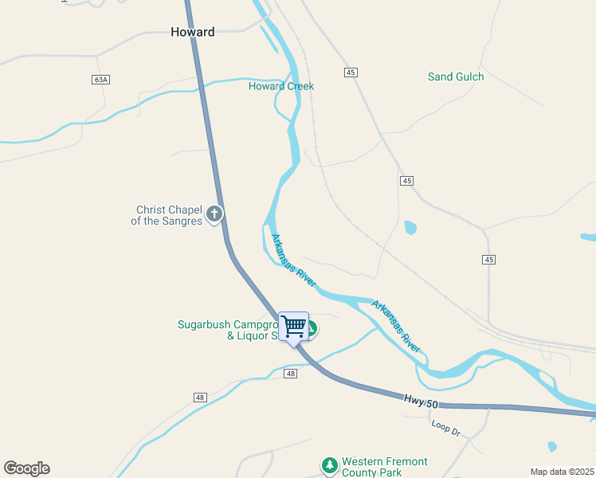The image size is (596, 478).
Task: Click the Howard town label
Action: point(192,32)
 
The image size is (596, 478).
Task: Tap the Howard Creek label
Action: point(281,86)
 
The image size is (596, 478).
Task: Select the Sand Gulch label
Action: point(456,76)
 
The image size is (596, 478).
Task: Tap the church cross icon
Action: point(214,214)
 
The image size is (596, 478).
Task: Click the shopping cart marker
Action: point(294,326)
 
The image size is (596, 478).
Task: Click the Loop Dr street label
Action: point(446,428)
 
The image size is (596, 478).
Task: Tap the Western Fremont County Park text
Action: point(385,467)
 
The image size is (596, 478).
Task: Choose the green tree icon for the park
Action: point(329,464)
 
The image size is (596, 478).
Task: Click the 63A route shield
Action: point(100,80)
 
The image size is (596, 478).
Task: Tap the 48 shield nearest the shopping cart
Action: point(290,374)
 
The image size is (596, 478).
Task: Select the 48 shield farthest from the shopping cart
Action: point(200,398)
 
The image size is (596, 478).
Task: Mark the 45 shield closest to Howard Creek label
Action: point(351,72)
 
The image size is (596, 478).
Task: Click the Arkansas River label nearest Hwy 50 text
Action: point(396,327)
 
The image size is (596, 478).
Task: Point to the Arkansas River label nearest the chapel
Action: point(294,261)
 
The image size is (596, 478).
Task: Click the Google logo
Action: point(26,468)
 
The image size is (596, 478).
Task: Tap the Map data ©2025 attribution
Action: point(562,471)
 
